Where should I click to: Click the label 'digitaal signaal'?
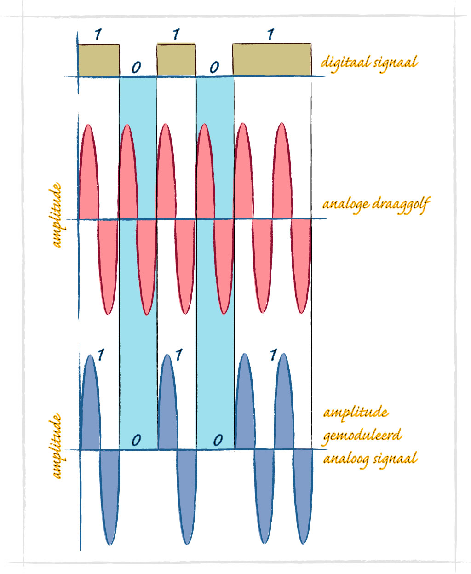(x=369, y=62)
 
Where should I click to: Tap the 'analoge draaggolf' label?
(x=376, y=204)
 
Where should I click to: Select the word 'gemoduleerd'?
(x=362, y=435)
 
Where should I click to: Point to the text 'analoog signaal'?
(x=370, y=459)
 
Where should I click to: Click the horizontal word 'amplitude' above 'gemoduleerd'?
(x=356, y=412)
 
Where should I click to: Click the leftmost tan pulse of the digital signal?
(x=98, y=60)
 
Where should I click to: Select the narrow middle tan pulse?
(x=176, y=60)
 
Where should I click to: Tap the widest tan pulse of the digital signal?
(x=272, y=60)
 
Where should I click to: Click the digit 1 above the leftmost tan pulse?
(x=98, y=34)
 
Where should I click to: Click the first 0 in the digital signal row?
(x=136, y=68)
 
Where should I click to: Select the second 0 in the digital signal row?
(x=214, y=68)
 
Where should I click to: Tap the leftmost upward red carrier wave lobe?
(x=88, y=175)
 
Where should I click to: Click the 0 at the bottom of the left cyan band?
(x=136, y=440)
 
